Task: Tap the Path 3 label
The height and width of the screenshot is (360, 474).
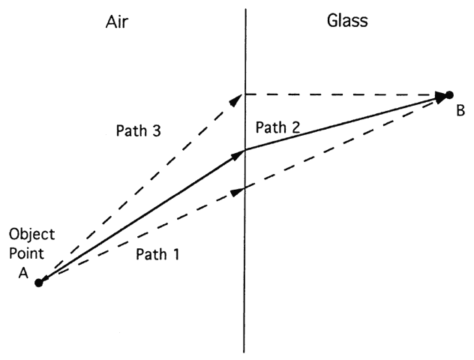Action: point(137,130)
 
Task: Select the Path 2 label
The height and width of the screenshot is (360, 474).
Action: point(277,127)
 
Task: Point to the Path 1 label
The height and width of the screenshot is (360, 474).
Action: point(157,254)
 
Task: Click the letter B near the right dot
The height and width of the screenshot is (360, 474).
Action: point(460,111)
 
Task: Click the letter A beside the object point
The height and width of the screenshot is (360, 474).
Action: point(22,274)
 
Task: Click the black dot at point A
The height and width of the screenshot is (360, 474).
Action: point(39,283)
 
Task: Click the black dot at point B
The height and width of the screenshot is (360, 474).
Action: point(449,94)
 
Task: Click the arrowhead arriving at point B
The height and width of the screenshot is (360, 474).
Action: point(442,95)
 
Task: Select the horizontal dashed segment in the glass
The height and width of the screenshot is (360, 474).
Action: point(341,94)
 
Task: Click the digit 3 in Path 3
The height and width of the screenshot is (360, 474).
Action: point(156,130)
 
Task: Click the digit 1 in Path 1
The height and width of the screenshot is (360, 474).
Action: point(176,254)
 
